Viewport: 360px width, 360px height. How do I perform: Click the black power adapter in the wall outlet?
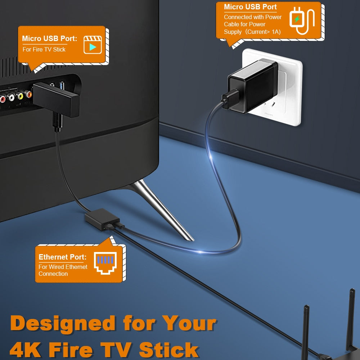253,86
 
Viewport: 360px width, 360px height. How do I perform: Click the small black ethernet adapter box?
102,219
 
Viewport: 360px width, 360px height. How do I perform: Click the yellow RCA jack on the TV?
20,96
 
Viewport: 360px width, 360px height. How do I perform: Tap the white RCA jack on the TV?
11,97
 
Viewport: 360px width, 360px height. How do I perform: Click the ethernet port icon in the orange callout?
105,263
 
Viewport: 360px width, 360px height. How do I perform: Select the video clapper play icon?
93,45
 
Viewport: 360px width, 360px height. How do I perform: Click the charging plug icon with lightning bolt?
302,21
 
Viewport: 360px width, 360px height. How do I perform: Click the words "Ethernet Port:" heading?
62,257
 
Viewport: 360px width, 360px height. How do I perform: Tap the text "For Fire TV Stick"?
44,49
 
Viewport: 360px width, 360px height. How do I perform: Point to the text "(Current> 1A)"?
263,32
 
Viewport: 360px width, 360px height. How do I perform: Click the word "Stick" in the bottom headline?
168,350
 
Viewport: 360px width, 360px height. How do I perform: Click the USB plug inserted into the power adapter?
230,99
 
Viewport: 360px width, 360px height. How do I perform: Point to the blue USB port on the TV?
62,86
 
